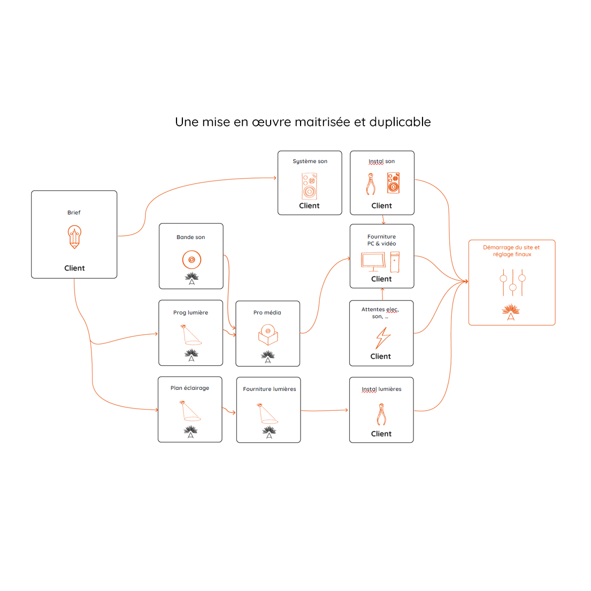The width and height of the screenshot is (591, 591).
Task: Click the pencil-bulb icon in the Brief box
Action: (75, 237)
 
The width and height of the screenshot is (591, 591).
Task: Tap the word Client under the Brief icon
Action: (74, 268)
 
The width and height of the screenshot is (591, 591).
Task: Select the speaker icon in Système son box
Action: (310, 186)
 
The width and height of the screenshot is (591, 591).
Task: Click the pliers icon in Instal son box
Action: (371, 184)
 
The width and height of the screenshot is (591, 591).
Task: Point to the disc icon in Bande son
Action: (191, 260)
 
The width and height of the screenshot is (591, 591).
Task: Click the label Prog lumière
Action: (191, 312)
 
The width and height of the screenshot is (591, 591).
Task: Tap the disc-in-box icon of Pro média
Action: (268, 335)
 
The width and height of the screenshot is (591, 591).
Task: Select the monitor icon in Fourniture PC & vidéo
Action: (373, 261)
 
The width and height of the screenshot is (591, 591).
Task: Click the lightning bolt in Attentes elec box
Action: (383, 338)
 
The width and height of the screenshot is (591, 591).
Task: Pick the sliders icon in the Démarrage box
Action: (512, 282)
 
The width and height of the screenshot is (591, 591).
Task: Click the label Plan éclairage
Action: (189, 388)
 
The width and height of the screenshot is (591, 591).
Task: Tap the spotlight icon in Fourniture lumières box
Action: (267, 413)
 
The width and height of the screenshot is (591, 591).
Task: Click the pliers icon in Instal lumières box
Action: (381, 415)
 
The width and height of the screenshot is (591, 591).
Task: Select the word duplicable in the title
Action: (400, 122)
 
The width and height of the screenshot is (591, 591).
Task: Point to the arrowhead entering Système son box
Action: (275, 178)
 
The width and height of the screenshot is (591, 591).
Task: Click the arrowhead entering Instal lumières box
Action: (347, 410)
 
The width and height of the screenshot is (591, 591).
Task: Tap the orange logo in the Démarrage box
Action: (511, 312)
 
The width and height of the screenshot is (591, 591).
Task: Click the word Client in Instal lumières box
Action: (381, 434)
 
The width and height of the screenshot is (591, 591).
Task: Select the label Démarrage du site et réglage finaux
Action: (511, 251)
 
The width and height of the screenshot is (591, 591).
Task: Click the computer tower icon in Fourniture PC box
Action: (395, 262)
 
